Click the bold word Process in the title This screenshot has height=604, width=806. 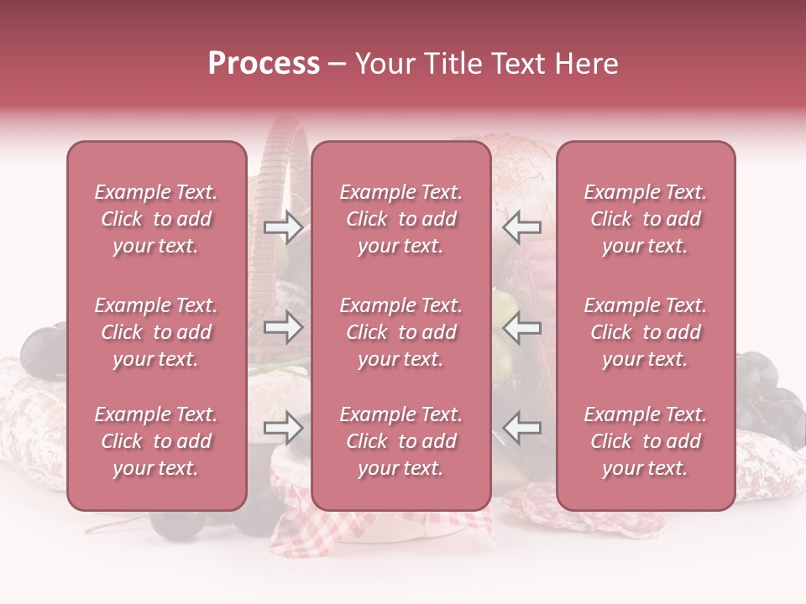click(264, 64)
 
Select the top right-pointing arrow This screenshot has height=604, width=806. click(283, 226)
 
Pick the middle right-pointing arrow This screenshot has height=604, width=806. click(283, 327)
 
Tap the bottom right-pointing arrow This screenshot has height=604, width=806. click(283, 429)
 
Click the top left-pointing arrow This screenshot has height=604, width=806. click(522, 226)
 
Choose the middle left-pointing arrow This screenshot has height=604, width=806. click(522, 327)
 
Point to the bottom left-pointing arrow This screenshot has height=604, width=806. click(522, 429)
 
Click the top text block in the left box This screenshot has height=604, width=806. click(156, 219)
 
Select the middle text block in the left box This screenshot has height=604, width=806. click(156, 332)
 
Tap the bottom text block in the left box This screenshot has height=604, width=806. click(156, 441)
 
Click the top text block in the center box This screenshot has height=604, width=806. click(400, 219)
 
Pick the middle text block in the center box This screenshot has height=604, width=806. click(400, 332)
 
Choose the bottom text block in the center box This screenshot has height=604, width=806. click(400, 441)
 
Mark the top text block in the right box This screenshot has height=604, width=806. click(646, 219)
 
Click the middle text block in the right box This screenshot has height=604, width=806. click(646, 332)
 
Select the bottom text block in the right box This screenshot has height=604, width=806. click(646, 441)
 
